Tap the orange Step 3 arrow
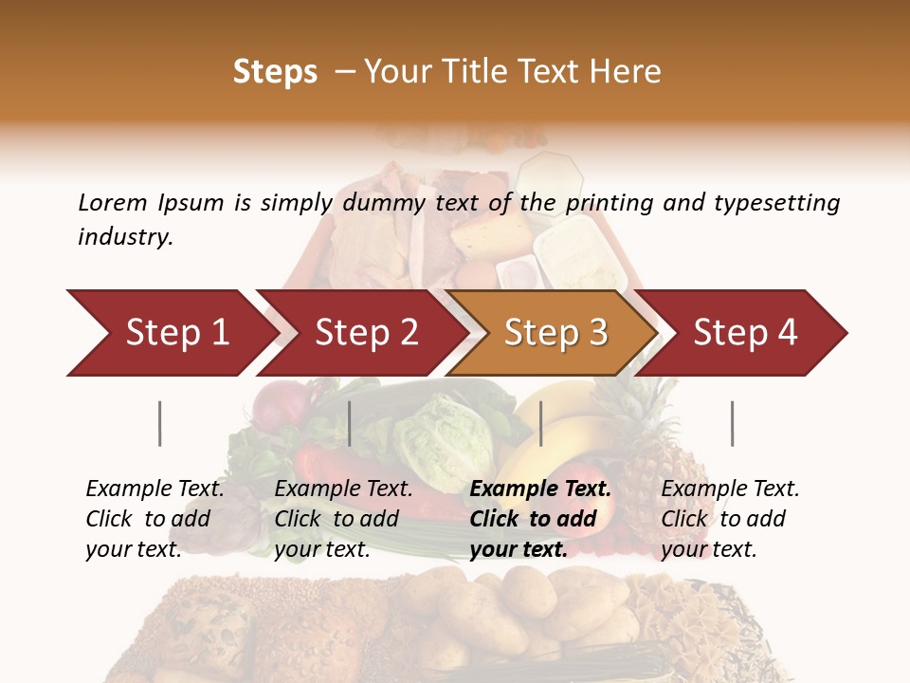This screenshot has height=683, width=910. pyautogui.click(x=555, y=333)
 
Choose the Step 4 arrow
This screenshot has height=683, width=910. pyautogui.click(x=745, y=333)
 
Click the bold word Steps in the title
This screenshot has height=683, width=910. pyautogui.click(x=275, y=72)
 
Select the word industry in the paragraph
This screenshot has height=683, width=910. pyautogui.click(x=124, y=237)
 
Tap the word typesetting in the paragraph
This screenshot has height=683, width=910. pyautogui.click(x=782, y=202)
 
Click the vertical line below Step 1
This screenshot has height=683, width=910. pyautogui.click(x=160, y=423)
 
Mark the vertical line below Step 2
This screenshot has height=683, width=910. pyautogui.click(x=350, y=423)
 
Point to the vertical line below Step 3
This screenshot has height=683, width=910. pyautogui.click(x=540, y=423)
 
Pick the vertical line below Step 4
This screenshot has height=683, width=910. pyautogui.click(x=732, y=423)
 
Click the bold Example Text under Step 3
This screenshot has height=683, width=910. pyautogui.click(x=540, y=489)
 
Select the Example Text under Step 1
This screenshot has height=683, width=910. pyautogui.click(x=155, y=489)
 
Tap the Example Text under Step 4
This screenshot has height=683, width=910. pyautogui.click(x=730, y=489)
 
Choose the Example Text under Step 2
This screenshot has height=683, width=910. pyautogui.click(x=343, y=489)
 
